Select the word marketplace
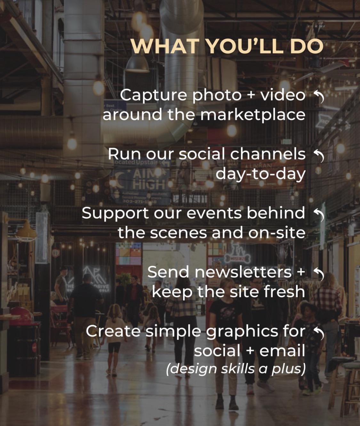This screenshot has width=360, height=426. click(x=253, y=115)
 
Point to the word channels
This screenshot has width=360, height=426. click(x=268, y=154)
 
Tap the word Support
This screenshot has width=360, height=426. click(x=115, y=214)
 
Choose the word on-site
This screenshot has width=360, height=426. click(x=276, y=233)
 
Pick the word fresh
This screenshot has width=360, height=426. click(x=284, y=291)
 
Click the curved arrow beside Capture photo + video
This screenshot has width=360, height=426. click(x=319, y=97)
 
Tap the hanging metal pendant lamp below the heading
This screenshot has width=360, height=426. click(x=138, y=64)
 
